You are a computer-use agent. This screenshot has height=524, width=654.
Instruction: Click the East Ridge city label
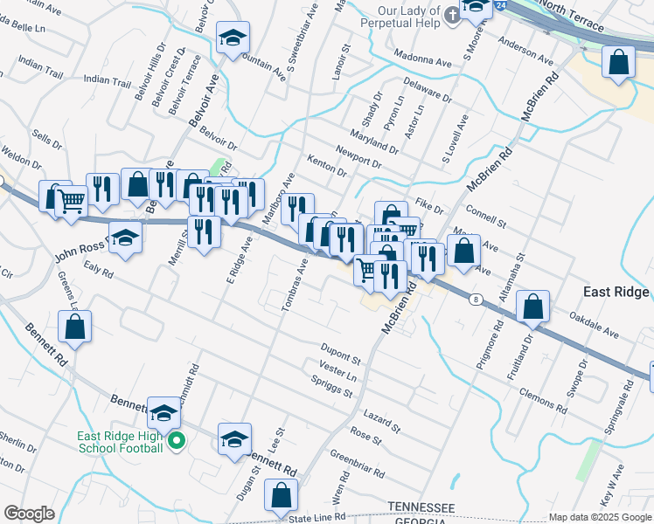click(617, 293)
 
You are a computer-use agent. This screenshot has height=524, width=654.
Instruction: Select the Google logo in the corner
click(29, 514)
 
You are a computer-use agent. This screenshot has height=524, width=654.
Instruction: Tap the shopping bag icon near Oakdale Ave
click(532, 307)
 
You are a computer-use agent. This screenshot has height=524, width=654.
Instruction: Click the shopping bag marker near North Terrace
click(618, 62)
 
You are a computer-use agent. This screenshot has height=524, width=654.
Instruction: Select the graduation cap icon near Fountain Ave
click(232, 38)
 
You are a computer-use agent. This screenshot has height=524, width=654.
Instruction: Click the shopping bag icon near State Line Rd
click(280, 497)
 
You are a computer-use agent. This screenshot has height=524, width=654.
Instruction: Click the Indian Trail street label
click(108, 79)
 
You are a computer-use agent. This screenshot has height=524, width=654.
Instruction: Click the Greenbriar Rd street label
click(357, 464)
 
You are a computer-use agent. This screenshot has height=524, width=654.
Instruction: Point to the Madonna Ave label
click(423, 63)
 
